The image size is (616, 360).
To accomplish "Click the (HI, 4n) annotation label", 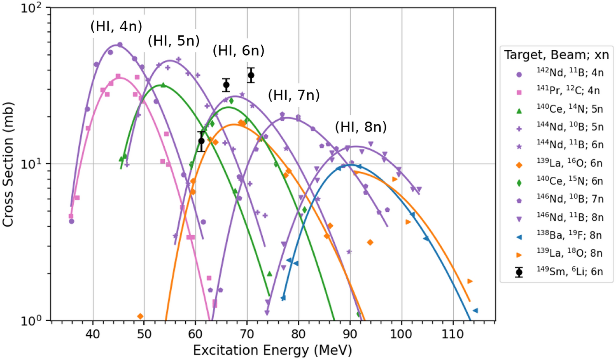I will tap(116, 27).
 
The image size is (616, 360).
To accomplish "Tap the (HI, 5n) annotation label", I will tap(174, 41).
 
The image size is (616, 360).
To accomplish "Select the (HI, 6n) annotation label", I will tap(238, 51).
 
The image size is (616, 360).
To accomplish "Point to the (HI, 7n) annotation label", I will tap(294, 95).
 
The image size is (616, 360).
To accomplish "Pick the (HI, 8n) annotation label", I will tap(361, 127).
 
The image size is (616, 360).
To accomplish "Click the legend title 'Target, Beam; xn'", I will tap(556, 55).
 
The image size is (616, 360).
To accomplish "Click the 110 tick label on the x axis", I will tap(453, 333).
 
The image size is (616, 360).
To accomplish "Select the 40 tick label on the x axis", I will tap(93, 333).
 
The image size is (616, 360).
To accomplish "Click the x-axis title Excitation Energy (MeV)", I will tap(273, 351).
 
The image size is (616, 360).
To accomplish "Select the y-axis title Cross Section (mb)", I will tap(8, 164).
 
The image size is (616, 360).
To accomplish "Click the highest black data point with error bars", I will tap(251, 75).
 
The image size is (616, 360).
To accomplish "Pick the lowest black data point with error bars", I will tap(201, 141).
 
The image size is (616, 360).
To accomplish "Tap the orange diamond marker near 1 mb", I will tap(140, 316).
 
